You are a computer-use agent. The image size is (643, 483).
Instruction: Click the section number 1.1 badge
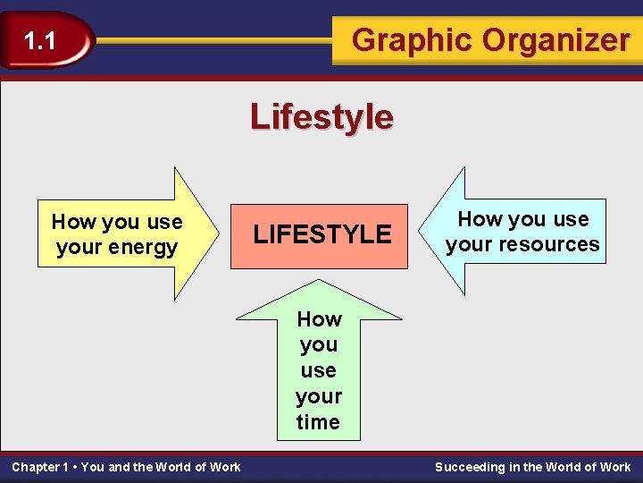pyautogui.click(x=40, y=40)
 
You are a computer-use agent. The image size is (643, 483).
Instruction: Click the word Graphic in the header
pyautogui.click(x=413, y=40)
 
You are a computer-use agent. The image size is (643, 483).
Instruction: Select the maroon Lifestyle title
pyautogui.click(x=321, y=116)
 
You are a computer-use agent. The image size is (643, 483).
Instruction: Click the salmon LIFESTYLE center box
pyautogui.click(x=321, y=234)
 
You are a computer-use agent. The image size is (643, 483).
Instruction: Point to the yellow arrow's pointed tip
pyautogui.click(x=217, y=234)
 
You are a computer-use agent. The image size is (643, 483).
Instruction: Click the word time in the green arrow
pyautogui.click(x=318, y=422)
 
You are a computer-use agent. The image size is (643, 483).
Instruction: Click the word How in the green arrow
pyautogui.click(x=319, y=319)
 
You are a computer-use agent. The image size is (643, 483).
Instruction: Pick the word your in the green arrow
pyautogui.click(x=319, y=396)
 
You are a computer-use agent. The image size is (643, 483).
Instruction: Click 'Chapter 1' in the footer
pyautogui.click(x=40, y=467)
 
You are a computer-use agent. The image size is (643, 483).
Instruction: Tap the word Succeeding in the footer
pyautogui.click(x=470, y=467)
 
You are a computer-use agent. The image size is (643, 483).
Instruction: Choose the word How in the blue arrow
pyautogui.click(x=480, y=219)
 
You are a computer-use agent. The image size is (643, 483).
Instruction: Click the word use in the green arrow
pyautogui.click(x=319, y=370)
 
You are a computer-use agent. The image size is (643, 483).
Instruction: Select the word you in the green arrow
pyautogui.click(x=319, y=345)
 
